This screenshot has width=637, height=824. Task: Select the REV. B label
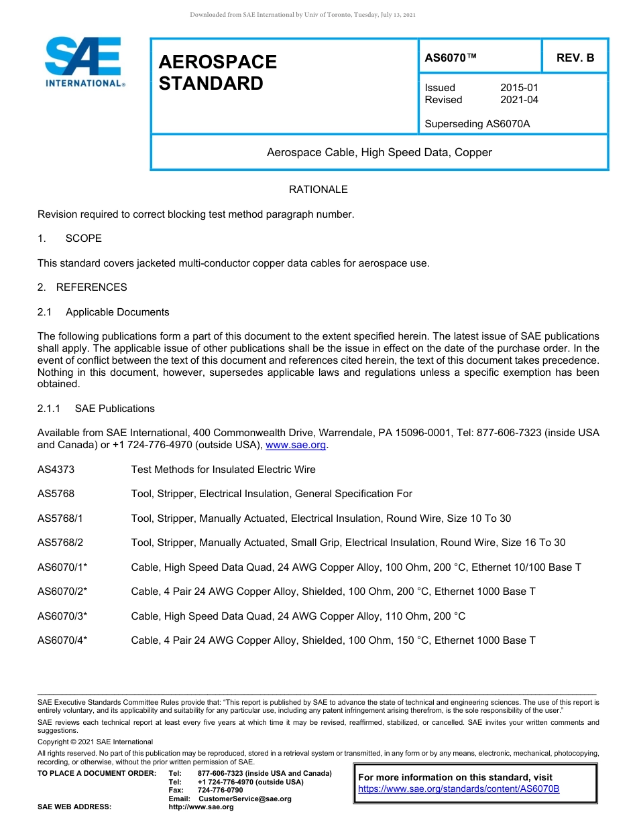(x=575, y=58)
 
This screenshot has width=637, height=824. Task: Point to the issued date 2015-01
(x=519, y=88)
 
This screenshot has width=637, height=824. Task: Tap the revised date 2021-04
(x=519, y=100)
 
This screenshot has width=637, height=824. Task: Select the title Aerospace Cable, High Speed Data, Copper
(x=379, y=152)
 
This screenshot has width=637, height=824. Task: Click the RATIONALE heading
(x=318, y=190)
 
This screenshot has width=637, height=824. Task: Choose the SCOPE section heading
(x=84, y=238)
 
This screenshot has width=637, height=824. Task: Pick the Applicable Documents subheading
(x=117, y=312)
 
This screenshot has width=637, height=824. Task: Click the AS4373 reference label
(x=56, y=470)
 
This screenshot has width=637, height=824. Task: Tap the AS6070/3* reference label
(x=62, y=616)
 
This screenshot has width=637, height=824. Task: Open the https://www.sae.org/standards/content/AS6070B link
(x=459, y=789)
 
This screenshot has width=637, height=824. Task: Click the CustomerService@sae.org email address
(x=245, y=799)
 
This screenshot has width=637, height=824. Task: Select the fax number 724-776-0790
(x=220, y=791)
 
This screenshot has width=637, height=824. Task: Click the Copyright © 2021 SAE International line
(x=95, y=742)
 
